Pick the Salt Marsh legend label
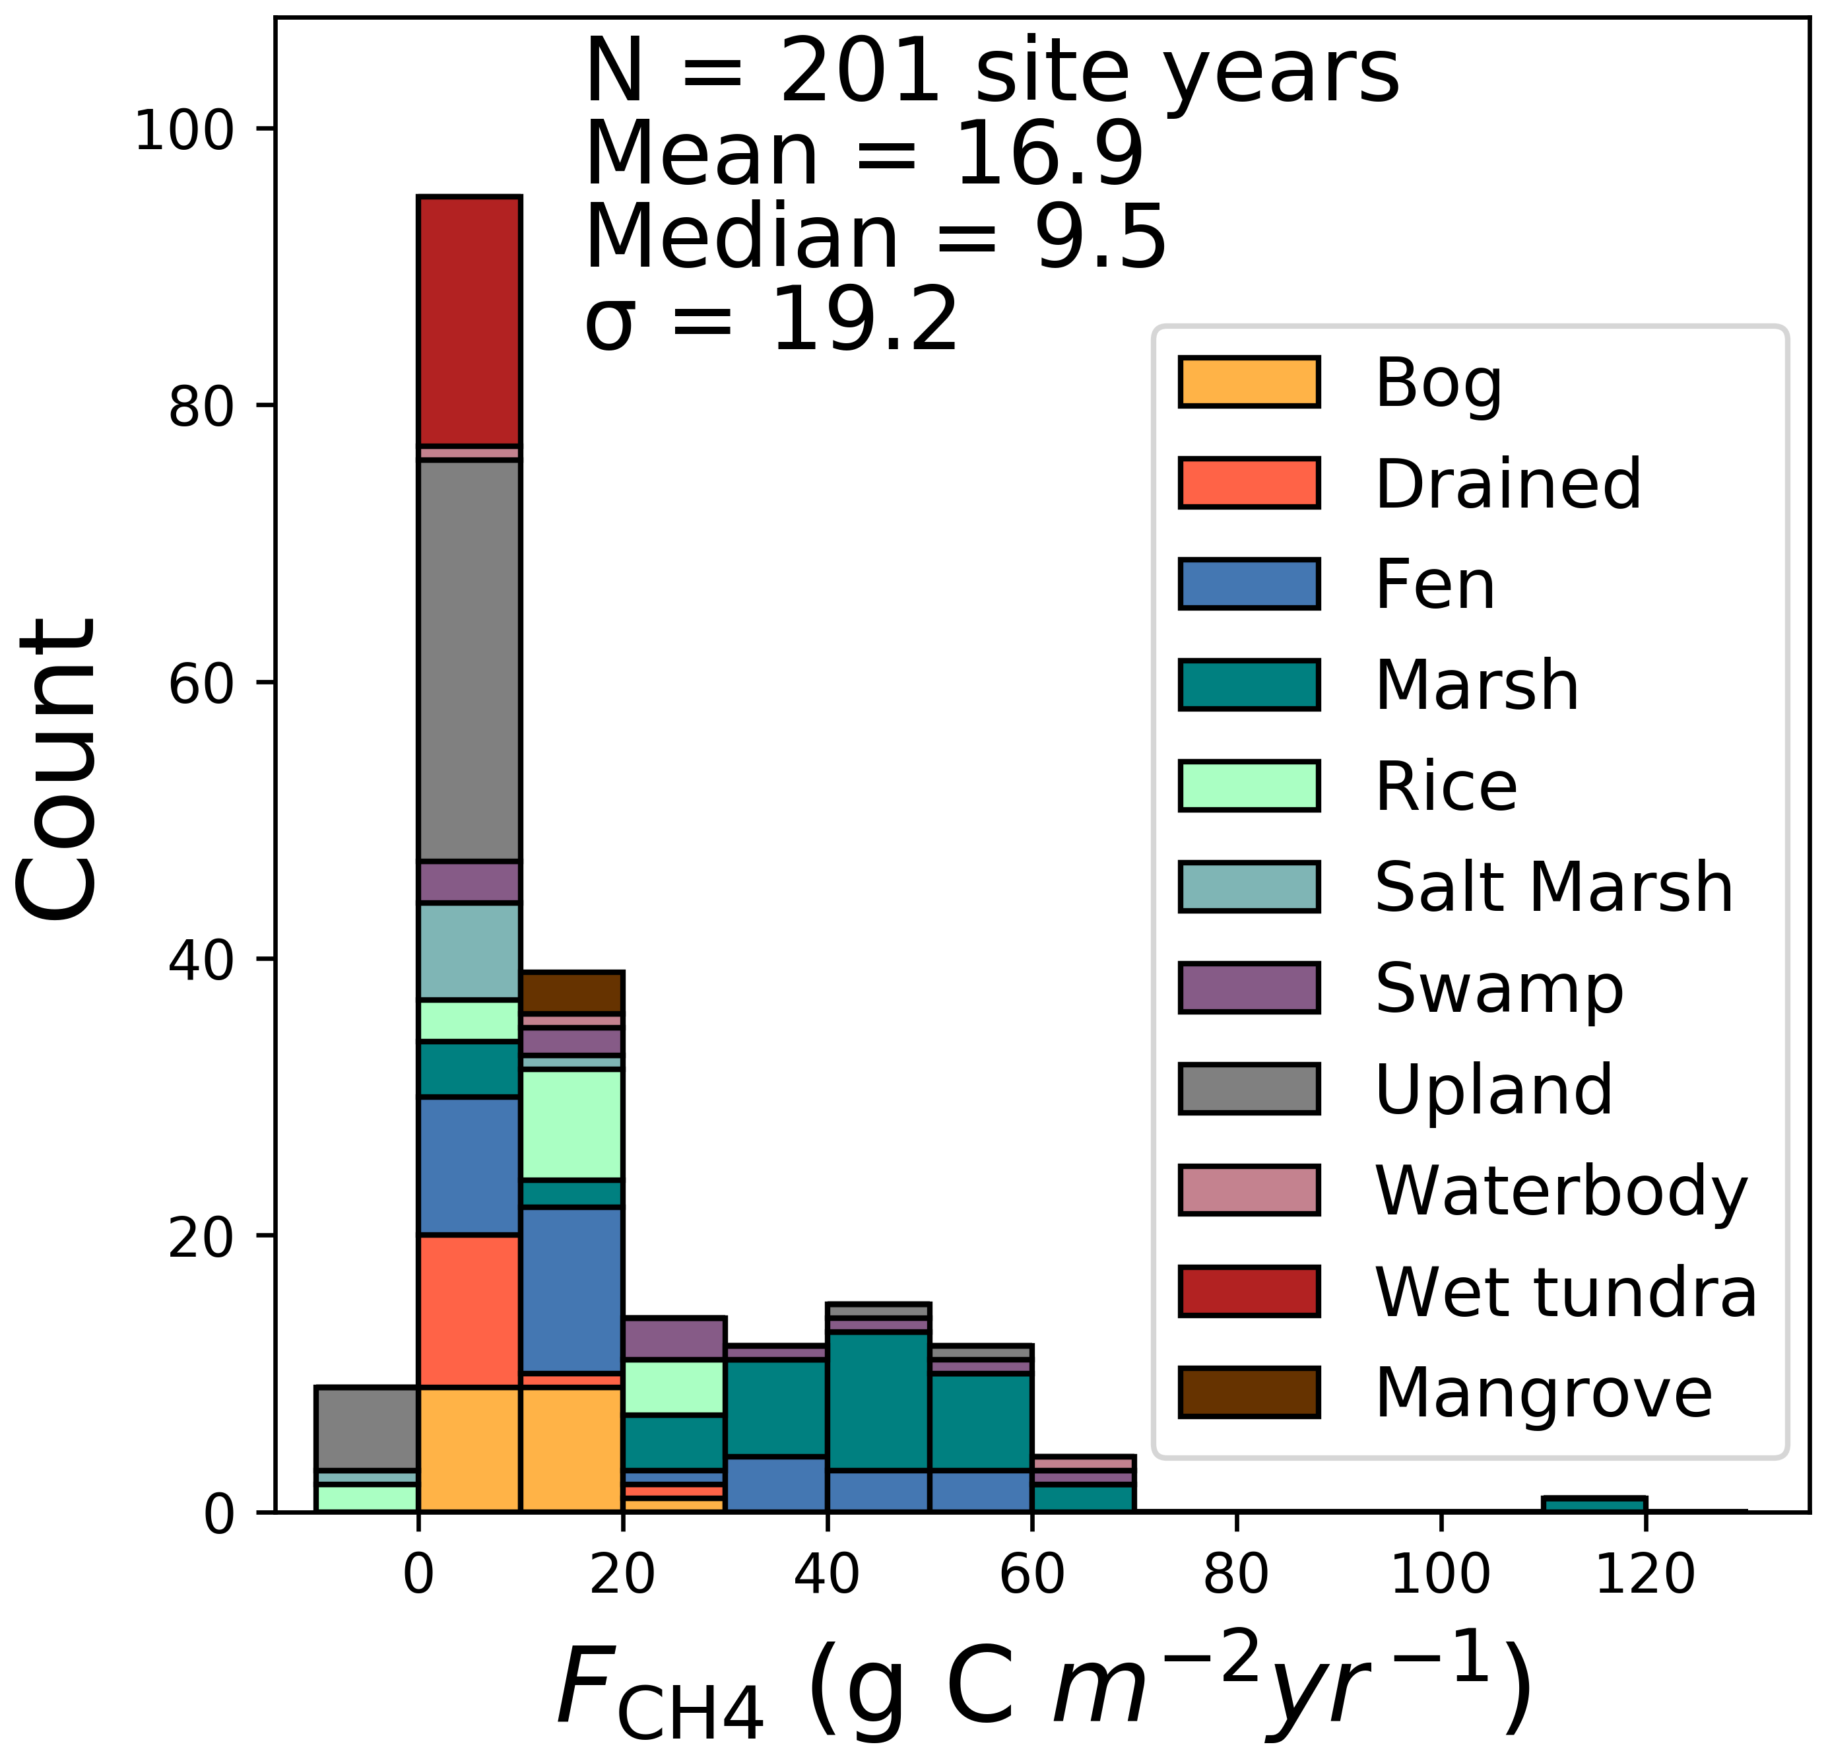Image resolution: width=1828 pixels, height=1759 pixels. click(1553, 887)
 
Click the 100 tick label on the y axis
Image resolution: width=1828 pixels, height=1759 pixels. click(183, 129)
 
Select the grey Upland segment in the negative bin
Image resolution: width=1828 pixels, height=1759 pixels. click(366, 1429)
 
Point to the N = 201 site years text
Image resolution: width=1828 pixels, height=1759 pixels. click(991, 72)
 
